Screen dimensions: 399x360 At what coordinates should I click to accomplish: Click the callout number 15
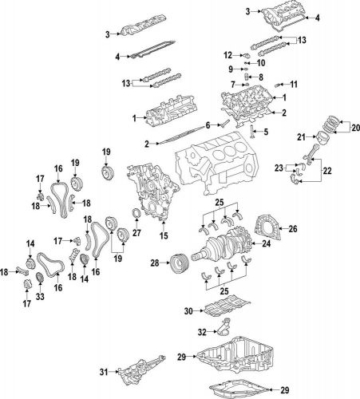pos(164,236)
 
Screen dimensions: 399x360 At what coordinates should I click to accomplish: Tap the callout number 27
pos(136,233)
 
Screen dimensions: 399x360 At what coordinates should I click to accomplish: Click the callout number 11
pos(293,84)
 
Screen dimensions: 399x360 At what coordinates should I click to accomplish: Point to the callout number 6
pos(207,125)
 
